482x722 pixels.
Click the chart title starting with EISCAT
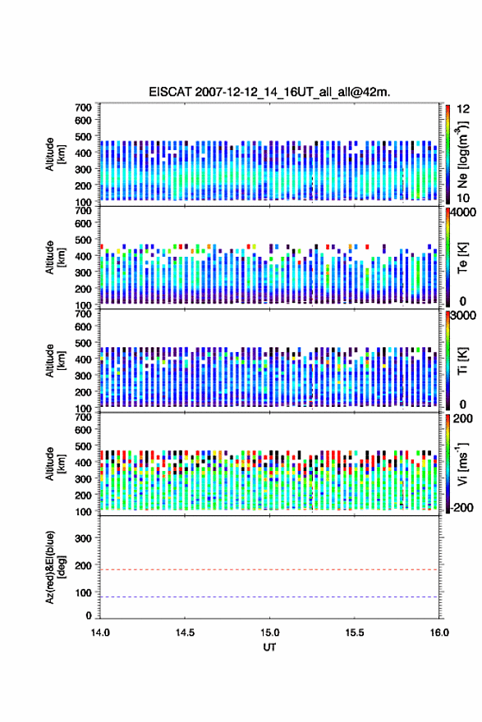269,92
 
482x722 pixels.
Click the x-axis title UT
269,647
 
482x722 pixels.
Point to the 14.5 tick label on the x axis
185,633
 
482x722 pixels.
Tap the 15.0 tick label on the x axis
269,633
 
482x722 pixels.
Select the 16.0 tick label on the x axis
439,633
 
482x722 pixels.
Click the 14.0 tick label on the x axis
100,633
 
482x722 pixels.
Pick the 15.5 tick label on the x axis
355,633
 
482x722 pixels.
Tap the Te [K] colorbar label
462,258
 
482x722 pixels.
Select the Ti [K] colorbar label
462,360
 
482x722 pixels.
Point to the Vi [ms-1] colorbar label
462,464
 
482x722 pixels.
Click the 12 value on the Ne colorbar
464,109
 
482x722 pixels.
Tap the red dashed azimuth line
269,569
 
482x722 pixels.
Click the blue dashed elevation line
269,596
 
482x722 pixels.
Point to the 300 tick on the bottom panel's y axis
83,538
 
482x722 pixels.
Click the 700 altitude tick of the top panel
83,107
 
